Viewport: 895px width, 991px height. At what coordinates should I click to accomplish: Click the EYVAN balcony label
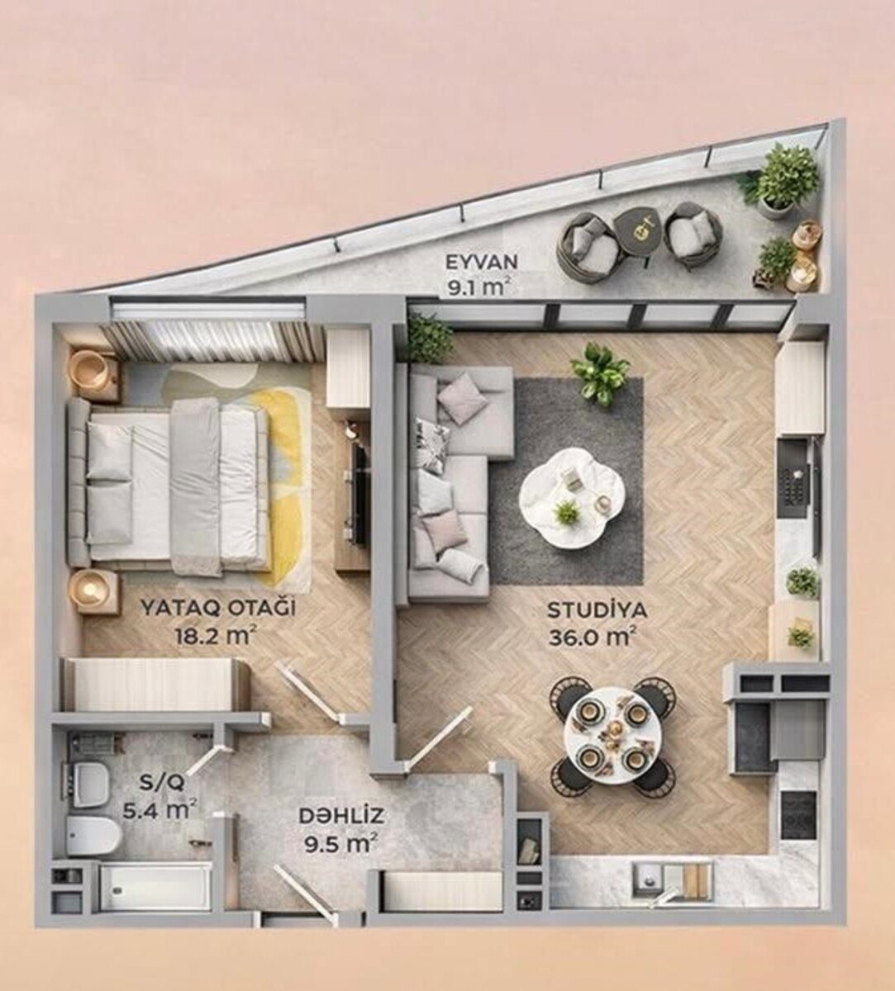click(482, 262)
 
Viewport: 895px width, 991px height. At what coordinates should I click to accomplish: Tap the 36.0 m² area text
click(592, 637)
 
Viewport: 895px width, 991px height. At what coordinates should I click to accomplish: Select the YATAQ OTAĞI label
click(218, 608)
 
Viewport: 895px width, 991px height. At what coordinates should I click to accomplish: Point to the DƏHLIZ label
click(341, 816)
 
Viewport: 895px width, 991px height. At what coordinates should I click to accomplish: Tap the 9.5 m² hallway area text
click(340, 843)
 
